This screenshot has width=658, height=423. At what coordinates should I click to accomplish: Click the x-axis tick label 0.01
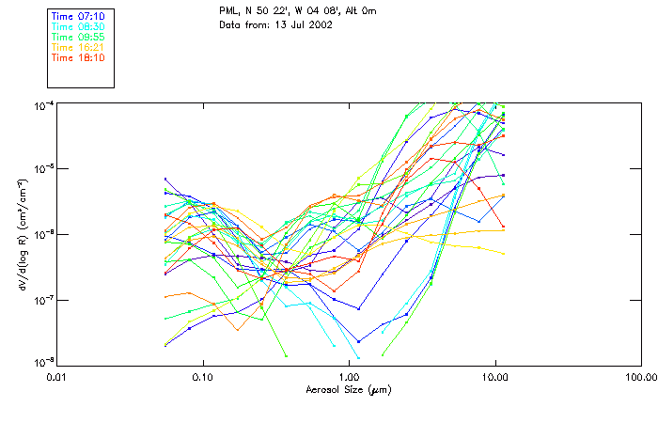pos(56,377)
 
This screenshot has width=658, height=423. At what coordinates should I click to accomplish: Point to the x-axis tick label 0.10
pos(202,377)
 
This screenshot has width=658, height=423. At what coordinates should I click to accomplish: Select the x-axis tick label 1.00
pos(349,377)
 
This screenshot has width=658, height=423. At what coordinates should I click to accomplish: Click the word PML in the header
pos(229,12)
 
